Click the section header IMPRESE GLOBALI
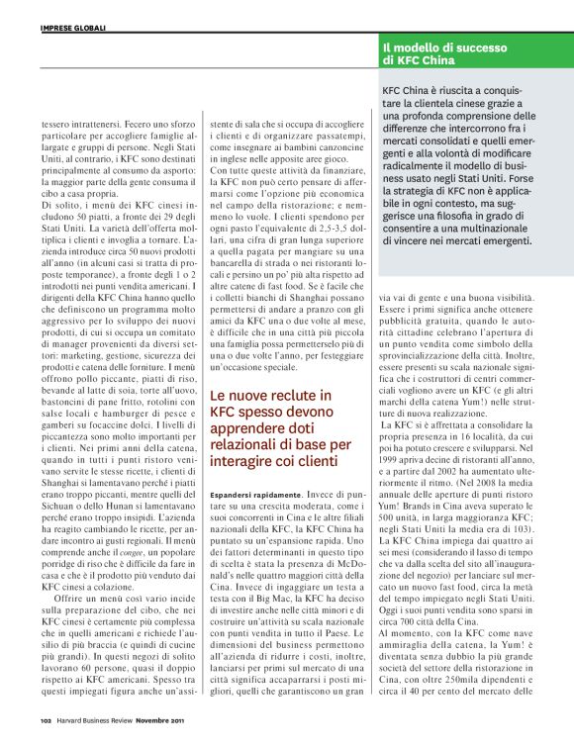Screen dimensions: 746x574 (67, 27)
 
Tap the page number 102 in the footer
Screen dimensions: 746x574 (46, 720)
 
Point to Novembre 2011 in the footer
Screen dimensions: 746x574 (159, 720)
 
